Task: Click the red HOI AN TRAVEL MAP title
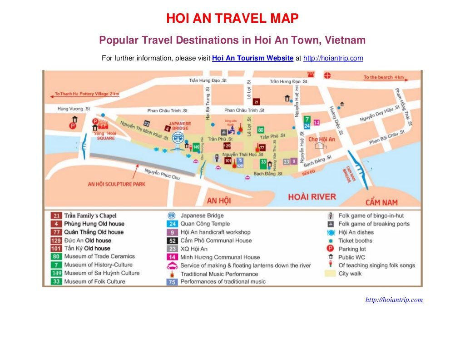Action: tap(232, 19)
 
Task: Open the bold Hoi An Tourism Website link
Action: tap(252, 58)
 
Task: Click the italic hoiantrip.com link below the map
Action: tap(394, 300)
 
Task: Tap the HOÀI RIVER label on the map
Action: tap(312, 197)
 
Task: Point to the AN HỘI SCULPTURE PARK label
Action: tap(116, 184)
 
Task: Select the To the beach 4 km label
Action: tap(384, 77)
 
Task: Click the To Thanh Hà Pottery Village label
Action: tap(87, 94)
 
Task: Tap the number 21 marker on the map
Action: tap(256, 102)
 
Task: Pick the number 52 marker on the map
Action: tap(147, 123)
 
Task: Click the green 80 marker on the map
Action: tap(261, 130)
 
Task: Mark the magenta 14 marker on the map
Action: tap(317, 123)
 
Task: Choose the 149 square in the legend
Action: tap(56, 273)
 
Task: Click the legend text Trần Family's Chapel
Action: tap(90, 215)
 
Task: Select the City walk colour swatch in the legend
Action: tap(330, 274)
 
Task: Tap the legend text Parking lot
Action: tap(352, 249)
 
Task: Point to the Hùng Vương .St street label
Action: tap(74, 109)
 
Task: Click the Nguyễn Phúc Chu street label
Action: tap(162, 174)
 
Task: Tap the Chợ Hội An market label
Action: tap(322, 139)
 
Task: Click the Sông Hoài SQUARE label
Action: tap(105, 135)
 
